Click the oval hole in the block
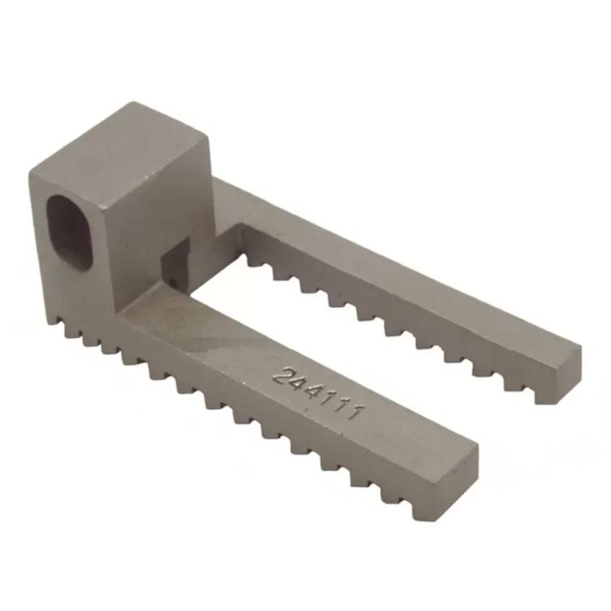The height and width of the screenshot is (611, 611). point(69,232)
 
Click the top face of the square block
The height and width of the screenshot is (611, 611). point(120,152)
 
